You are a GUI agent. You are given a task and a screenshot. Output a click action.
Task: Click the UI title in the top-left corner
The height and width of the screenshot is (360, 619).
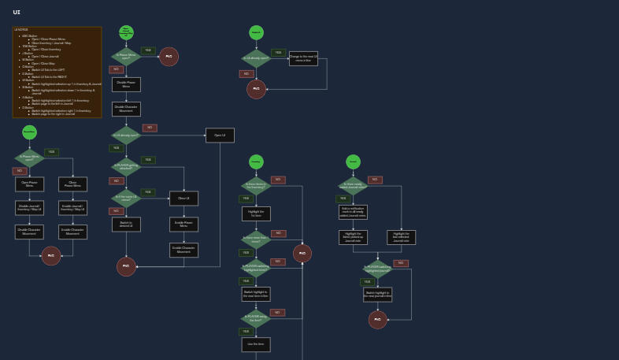click(17, 13)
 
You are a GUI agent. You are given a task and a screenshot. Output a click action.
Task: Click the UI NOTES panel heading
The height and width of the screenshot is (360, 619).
click(21, 30)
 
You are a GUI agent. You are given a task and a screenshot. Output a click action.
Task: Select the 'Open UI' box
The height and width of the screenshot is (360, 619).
click(220, 135)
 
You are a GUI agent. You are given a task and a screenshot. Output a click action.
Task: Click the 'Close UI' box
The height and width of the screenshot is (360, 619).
click(183, 199)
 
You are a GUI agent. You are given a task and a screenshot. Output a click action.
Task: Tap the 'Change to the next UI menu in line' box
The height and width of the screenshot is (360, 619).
click(303, 58)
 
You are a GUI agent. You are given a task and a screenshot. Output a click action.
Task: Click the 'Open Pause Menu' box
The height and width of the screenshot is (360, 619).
click(29, 184)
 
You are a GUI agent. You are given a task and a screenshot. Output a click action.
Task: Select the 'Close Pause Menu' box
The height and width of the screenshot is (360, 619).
click(72, 184)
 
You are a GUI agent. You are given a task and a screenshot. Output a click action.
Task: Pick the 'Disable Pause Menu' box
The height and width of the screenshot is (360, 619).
click(126, 84)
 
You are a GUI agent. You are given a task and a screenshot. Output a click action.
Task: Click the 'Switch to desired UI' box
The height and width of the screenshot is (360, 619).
click(126, 225)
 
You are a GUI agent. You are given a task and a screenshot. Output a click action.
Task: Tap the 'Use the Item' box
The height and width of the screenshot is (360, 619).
click(256, 344)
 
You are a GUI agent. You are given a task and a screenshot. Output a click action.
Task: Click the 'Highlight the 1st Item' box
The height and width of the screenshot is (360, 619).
click(256, 213)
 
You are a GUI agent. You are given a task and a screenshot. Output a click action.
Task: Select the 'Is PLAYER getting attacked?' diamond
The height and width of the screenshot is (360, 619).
click(126, 167)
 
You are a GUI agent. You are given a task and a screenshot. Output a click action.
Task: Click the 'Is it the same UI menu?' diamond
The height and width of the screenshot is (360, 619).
click(126, 199)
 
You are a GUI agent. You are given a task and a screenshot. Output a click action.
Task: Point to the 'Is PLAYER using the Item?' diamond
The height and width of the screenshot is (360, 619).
click(256, 319)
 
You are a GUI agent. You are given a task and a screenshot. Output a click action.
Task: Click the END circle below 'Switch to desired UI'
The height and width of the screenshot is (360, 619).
click(126, 266)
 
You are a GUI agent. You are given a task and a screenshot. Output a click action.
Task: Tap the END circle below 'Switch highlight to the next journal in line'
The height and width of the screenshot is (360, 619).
click(377, 319)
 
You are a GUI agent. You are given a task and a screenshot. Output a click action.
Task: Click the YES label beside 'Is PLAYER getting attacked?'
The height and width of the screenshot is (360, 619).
click(148, 160)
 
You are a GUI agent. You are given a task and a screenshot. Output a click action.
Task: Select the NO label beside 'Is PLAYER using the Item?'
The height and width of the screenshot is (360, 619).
click(277, 313)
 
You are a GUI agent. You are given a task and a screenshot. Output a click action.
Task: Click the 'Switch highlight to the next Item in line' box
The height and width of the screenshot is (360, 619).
click(256, 294)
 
